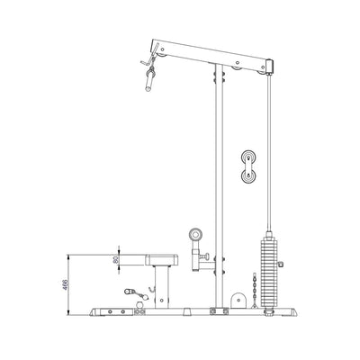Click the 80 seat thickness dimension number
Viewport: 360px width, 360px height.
pos(114,260)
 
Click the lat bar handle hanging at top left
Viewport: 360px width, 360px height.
pos(146,82)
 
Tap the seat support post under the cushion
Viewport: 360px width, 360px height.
pos(162,286)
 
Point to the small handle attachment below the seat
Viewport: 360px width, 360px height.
pos(134,291)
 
